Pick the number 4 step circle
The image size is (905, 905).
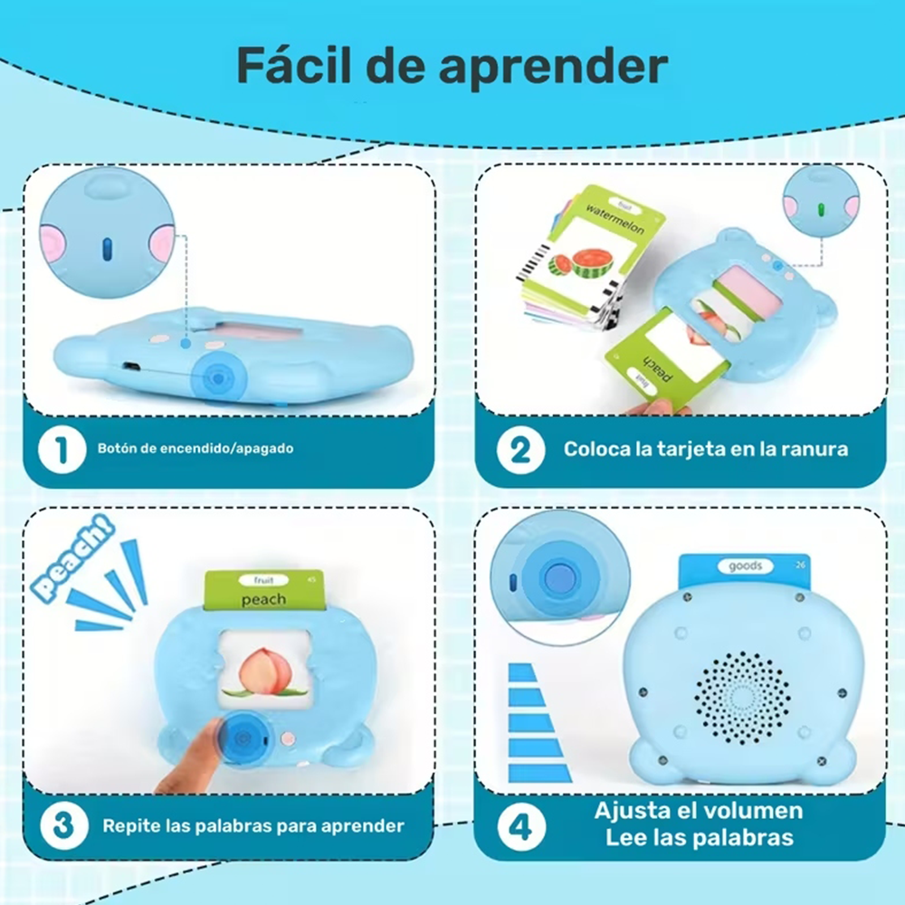(522, 825)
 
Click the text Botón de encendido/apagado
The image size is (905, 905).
(195, 448)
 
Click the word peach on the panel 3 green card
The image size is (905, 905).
(265, 599)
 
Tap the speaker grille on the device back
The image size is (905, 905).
(741, 695)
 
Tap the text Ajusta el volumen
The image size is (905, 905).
(699, 810)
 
